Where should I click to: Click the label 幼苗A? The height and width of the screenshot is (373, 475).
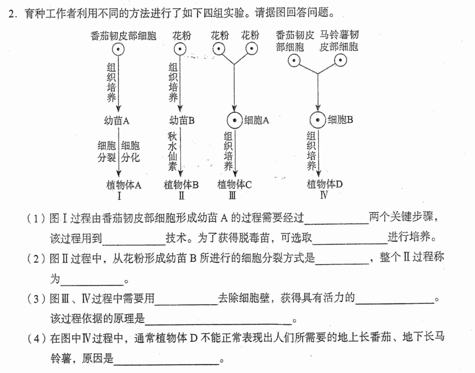point(117,120)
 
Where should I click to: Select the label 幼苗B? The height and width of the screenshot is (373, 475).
point(181,120)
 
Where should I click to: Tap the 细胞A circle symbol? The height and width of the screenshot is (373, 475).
point(235,120)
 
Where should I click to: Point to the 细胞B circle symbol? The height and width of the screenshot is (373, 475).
point(318,120)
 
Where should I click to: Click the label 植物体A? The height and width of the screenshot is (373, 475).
point(124,185)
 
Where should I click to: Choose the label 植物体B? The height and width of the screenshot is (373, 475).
point(181,184)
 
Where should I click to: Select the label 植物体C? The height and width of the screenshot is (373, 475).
point(235,184)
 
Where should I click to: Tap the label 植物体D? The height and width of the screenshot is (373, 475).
point(324,184)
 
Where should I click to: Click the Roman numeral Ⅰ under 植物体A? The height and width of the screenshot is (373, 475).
point(119,196)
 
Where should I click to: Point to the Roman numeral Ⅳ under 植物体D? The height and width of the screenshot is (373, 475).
point(324,194)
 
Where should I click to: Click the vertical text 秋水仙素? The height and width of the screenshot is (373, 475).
point(173,151)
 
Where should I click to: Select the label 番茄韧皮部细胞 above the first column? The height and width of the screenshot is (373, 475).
point(123,36)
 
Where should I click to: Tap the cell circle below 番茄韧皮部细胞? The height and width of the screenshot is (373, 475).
point(118,49)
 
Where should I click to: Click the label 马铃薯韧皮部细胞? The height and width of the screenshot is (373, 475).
point(339,40)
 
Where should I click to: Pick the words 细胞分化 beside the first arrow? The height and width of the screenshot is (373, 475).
point(131,152)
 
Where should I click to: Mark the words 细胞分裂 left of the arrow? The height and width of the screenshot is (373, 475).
point(106,152)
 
